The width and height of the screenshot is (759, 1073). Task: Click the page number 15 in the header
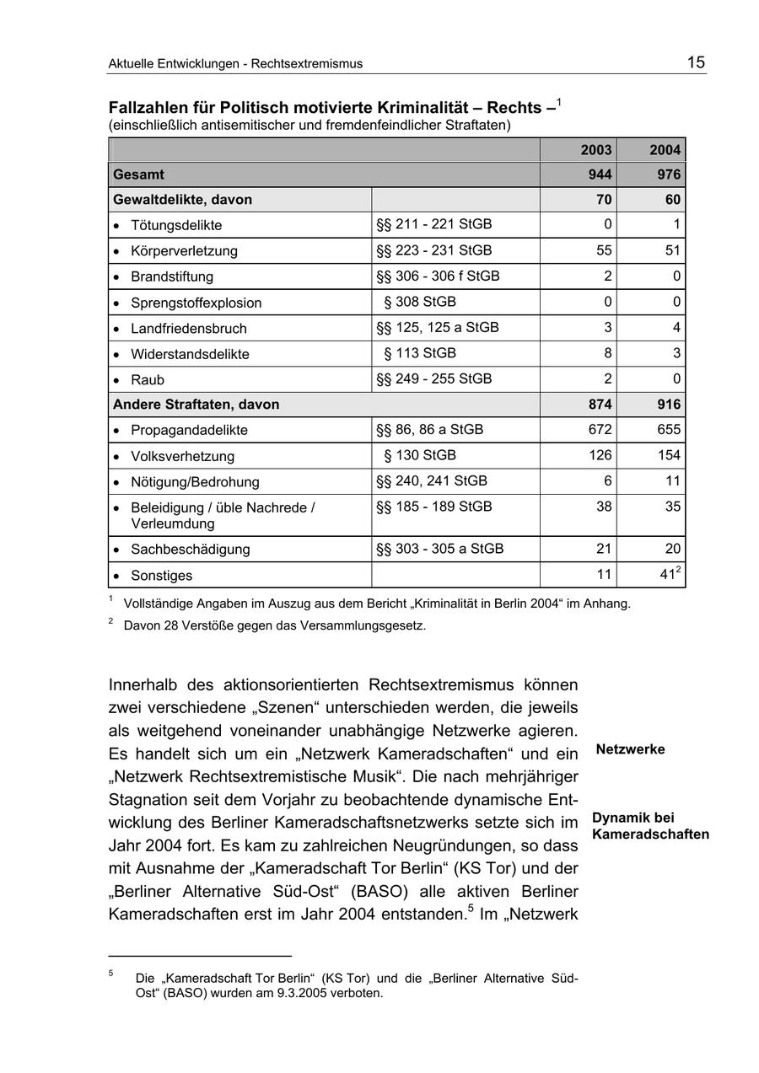pyautogui.click(x=696, y=62)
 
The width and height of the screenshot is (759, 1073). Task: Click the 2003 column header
pyautogui.click(x=596, y=150)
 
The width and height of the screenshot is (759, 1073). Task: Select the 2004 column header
pyautogui.click(x=665, y=150)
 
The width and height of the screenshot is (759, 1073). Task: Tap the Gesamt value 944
pyautogui.click(x=600, y=174)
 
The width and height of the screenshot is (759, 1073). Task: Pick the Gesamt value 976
pyautogui.click(x=669, y=174)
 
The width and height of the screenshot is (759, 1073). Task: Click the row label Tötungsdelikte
pyautogui.click(x=176, y=225)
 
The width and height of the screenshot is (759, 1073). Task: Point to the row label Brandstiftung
pyautogui.click(x=172, y=276)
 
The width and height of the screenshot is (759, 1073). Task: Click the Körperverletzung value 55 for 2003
pyautogui.click(x=605, y=250)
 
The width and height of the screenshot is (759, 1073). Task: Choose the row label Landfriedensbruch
pyautogui.click(x=189, y=329)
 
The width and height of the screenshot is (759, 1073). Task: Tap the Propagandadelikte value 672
pyautogui.click(x=600, y=430)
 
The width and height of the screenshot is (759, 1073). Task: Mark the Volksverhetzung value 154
pyautogui.click(x=669, y=456)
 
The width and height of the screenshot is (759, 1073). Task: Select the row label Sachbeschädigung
pyautogui.click(x=191, y=550)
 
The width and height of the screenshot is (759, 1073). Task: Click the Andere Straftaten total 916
pyautogui.click(x=669, y=405)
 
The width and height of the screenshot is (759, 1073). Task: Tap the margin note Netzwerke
pyautogui.click(x=630, y=749)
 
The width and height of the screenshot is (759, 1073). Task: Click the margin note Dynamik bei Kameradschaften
pyautogui.click(x=649, y=826)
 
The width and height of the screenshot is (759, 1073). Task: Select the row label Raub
pyautogui.click(x=148, y=380)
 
